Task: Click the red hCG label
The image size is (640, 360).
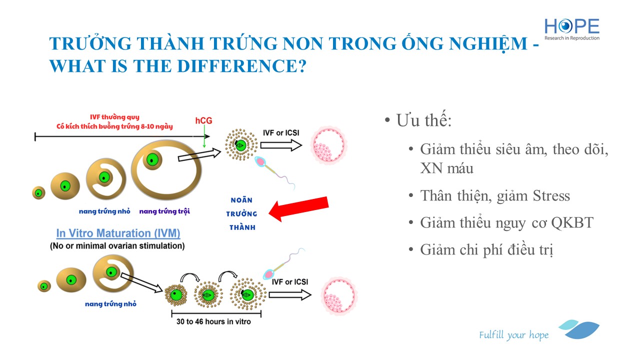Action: coord(203,120)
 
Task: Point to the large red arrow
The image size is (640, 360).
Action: coord(299,208)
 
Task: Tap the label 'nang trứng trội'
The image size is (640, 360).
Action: coord(164,211)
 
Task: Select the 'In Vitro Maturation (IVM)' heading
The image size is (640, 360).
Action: coord(118,233)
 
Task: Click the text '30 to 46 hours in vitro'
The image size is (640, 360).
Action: coord(213,321)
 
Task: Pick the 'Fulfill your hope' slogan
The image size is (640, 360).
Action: coord(513,335)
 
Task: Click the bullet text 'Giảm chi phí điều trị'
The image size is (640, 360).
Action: coord(486,249)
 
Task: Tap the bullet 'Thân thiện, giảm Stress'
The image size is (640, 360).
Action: coord(495,196)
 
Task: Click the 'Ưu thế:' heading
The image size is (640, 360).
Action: coord(423,120)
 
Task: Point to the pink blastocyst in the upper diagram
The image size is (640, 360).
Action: coord(328,145)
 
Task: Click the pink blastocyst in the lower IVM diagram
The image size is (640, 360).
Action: coord(339,295)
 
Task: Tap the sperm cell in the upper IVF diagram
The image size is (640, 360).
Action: coord(274,172)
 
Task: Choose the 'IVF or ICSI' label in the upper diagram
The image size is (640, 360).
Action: coord(281,133)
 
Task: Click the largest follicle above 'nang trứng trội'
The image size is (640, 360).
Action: coord(166,169)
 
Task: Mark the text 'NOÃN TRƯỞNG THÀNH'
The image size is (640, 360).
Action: coord(241,213)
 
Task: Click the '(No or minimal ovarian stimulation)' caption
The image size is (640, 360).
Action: coord(117,246)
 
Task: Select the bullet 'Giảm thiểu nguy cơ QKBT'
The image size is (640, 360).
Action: coord(506,223)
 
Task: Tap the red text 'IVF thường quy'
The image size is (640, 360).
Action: coord(114,117)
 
